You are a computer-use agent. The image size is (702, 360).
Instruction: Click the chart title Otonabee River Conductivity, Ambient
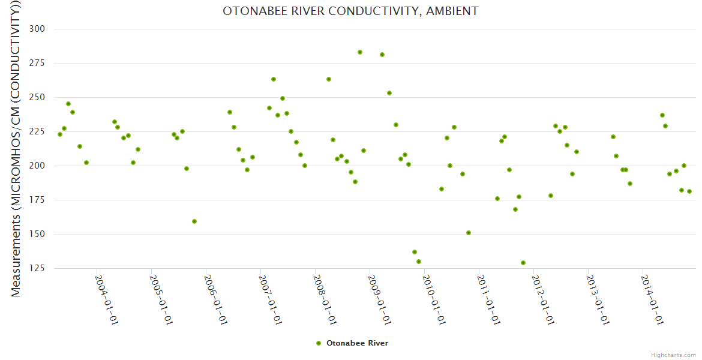coord(350,11)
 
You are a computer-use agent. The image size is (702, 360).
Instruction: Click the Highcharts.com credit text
coord(673,355)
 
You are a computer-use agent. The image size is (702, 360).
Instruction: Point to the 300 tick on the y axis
coord(45,29)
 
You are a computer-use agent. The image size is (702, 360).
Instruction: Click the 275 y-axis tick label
coord(45,63)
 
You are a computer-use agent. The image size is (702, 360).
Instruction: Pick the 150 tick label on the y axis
coord(45,234)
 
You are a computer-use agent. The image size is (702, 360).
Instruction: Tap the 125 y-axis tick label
coord(45,268)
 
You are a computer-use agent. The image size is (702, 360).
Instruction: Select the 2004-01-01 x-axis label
coord(106,299)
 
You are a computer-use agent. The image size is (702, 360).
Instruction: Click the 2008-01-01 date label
coord(325,299)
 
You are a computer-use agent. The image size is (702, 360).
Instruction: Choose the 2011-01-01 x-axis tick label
coord(488,299)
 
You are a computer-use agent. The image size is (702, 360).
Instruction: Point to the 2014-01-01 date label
coord(652,299)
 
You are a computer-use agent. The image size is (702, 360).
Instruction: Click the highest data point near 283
coord(360,52)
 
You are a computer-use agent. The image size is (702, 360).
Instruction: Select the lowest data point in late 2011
coord(523,263)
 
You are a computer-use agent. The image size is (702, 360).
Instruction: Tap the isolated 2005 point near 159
coord(194,221)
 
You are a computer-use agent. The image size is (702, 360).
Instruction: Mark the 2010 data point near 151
coord(469,233)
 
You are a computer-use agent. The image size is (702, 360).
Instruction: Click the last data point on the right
coord(689,191)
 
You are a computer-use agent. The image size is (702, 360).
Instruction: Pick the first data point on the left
coord(60,134)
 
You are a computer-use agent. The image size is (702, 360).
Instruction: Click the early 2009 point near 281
coord(382,55)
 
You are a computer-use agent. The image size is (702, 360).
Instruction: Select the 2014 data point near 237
coord(662,115)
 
